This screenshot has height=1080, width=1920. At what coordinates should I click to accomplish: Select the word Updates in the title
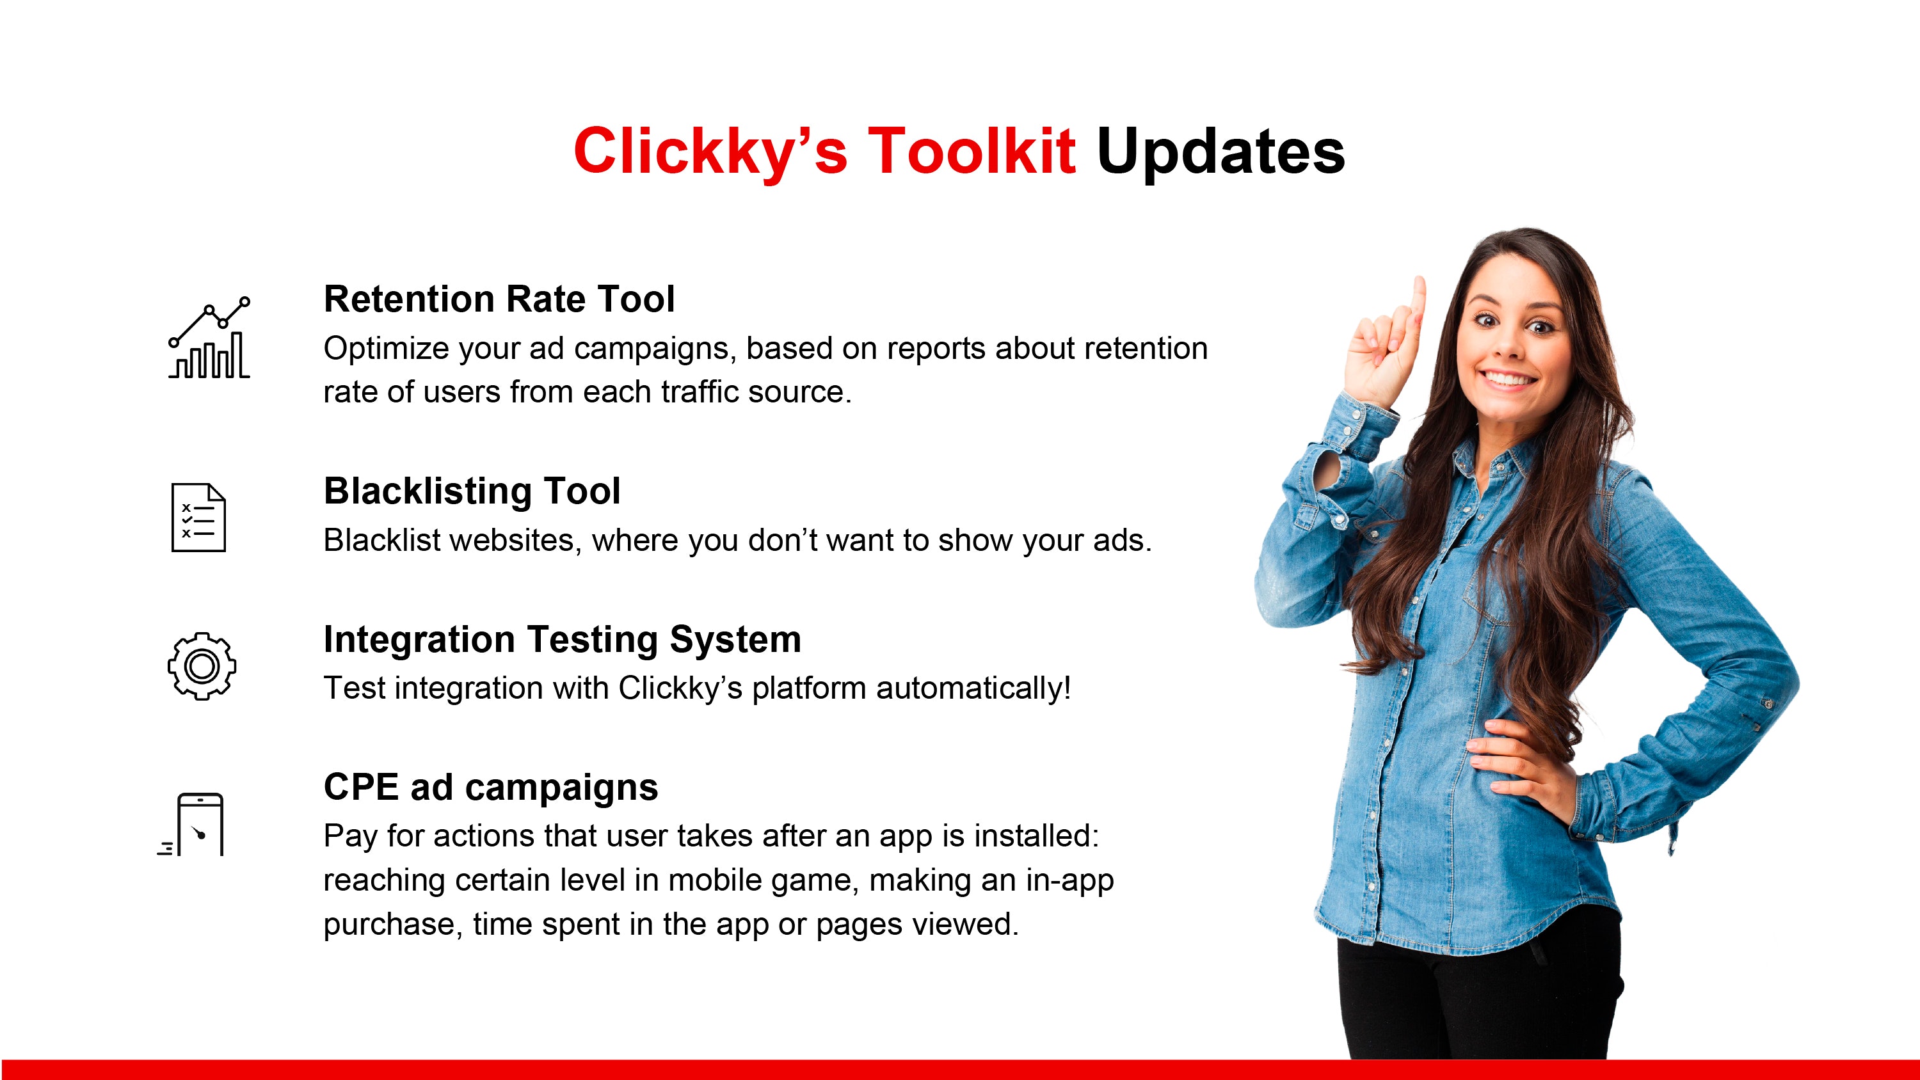tap(1221, 152)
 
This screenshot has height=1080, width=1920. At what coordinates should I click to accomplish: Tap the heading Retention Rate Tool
tap(499, 299)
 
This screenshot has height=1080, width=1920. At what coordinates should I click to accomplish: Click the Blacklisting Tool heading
tap(472, 491)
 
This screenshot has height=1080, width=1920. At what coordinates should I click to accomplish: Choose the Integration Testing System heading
tap(563, 640)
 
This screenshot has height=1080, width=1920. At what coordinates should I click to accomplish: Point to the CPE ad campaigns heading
tap(491, 787)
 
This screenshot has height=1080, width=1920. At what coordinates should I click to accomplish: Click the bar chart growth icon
tap(209, 338)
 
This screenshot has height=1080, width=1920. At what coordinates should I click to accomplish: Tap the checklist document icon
tap(198, 517)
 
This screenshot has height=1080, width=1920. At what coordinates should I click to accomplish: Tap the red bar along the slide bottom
tap(960, 1070)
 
